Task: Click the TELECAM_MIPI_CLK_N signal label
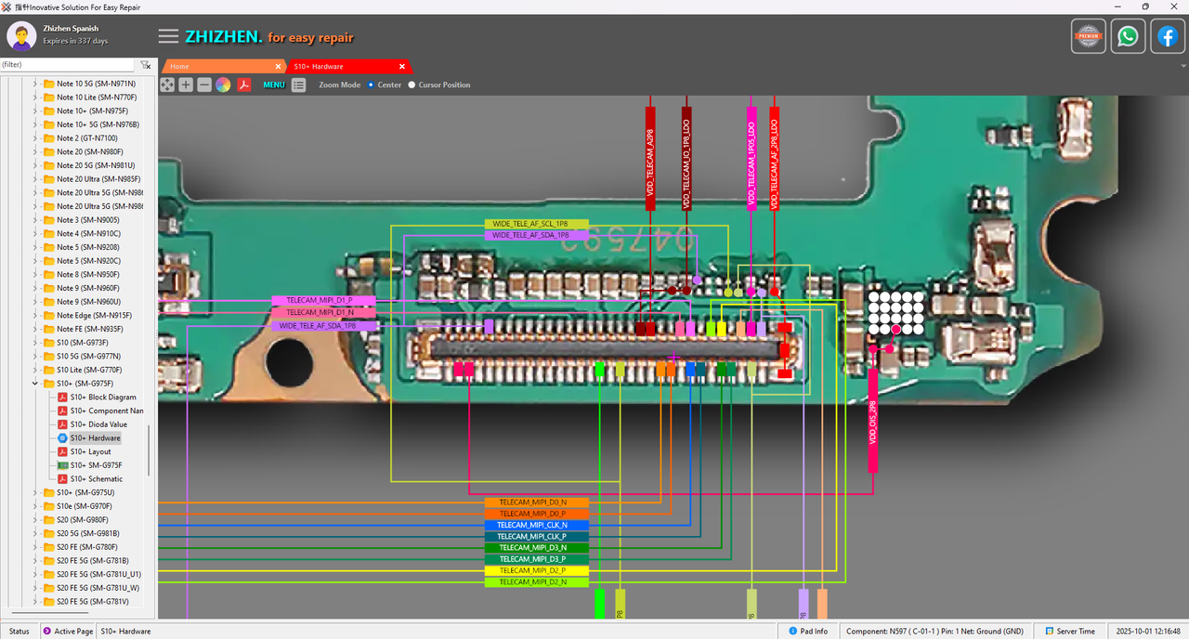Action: click(537, 525)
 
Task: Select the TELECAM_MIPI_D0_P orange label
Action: click(537, 514)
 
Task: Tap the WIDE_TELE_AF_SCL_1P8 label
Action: click(536, 225)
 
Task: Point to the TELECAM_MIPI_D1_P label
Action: click(323, 301)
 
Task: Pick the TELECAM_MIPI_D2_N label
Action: click(537, 582)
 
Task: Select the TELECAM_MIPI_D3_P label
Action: click(537, 559)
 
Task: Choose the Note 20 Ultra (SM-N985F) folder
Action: click(98, 178)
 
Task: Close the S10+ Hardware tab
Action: click(402, 67)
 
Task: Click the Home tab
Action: click(179, 67)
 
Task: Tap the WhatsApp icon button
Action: click(1128, 37)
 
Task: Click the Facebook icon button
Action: click(1168, 37)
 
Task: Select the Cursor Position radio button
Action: click(412, 85)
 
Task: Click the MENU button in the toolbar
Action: click(274, 85)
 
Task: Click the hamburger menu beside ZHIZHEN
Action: click(168, 36)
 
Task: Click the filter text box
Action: click(67, 65)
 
